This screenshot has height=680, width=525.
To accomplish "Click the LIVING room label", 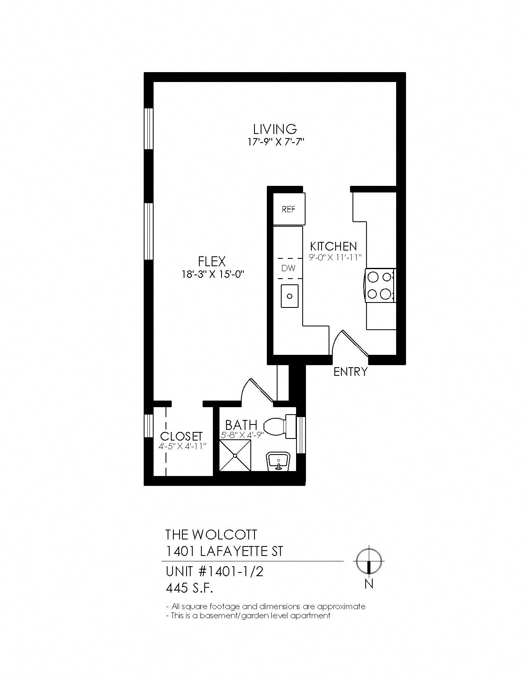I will tap(275, 129).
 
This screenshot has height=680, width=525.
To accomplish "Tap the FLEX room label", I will tap(212, 261).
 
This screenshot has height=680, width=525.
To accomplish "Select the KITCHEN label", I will tap(333, 246).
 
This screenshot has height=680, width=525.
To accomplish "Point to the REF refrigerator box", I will tap(289, 209).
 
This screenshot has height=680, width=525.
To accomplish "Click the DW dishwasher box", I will tap(288, 268).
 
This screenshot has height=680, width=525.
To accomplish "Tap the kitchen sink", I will tap(290, 296).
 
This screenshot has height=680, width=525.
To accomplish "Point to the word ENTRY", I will tap(350, 372).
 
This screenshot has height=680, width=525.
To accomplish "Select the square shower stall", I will tap(235, 455).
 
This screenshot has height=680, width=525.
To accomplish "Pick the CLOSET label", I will tap(182, 436).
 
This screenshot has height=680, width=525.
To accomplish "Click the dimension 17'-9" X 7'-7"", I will tap(275, 142).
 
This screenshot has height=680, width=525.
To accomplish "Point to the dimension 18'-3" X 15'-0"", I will tap(212, 274).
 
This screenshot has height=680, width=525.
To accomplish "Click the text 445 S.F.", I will tap(189, 589).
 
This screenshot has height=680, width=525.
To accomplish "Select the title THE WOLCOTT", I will tap(211, 535).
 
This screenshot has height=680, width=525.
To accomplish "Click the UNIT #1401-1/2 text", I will tap(214, 572).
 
